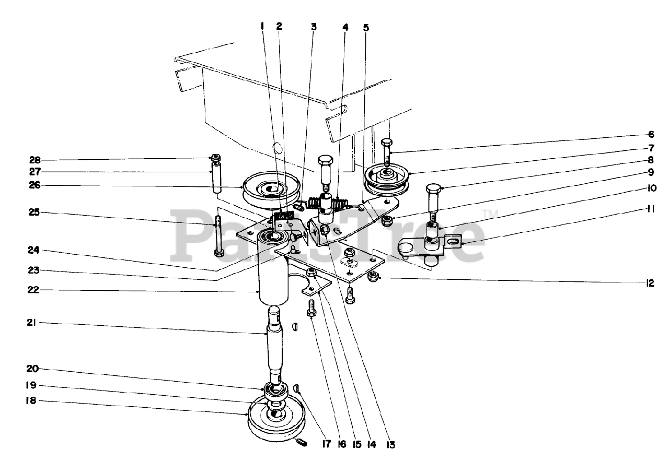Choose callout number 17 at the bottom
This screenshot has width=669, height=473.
[326, 445]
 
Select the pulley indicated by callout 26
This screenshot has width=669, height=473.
[270, 192]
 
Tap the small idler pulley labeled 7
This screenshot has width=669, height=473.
[387, 178]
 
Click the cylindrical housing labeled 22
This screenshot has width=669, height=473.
[273, 277]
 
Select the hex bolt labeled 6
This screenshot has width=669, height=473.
[387, 151]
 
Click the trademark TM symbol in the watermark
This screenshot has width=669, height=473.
[490, 212]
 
